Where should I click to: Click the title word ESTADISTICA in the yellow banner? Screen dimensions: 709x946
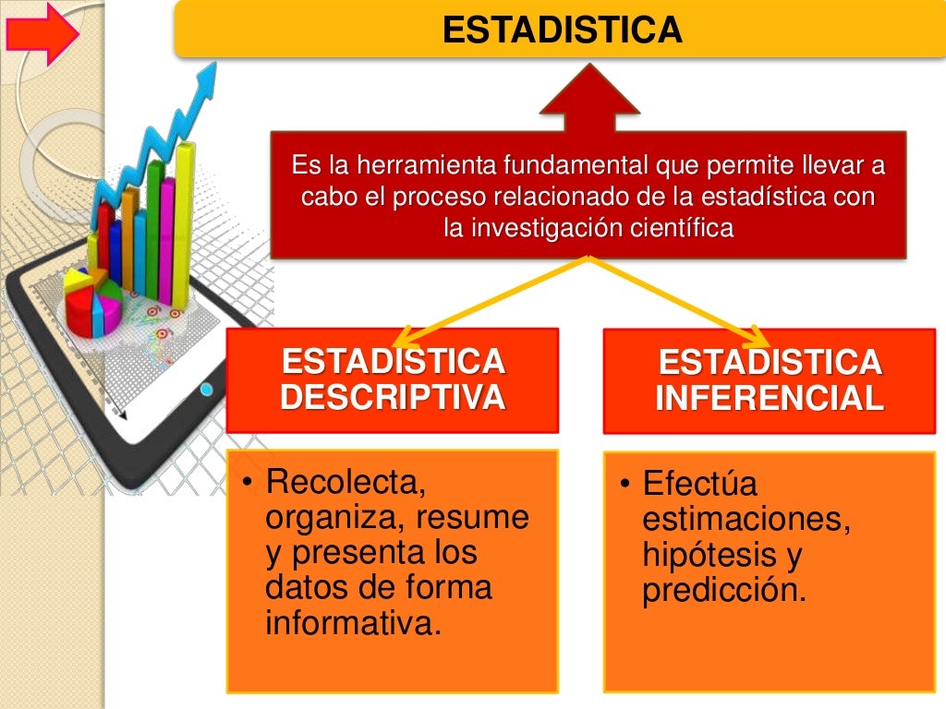562,30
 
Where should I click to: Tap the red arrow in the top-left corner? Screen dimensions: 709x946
42,34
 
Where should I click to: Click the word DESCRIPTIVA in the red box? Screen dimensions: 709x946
393,397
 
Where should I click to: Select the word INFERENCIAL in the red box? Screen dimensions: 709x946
769,398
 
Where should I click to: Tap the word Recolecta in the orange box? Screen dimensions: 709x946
346,481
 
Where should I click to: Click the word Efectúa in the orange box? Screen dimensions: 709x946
699,484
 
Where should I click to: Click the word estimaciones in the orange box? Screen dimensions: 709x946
746,520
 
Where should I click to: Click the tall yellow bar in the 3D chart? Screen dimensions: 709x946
185,222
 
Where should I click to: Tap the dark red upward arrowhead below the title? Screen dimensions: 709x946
589,92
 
